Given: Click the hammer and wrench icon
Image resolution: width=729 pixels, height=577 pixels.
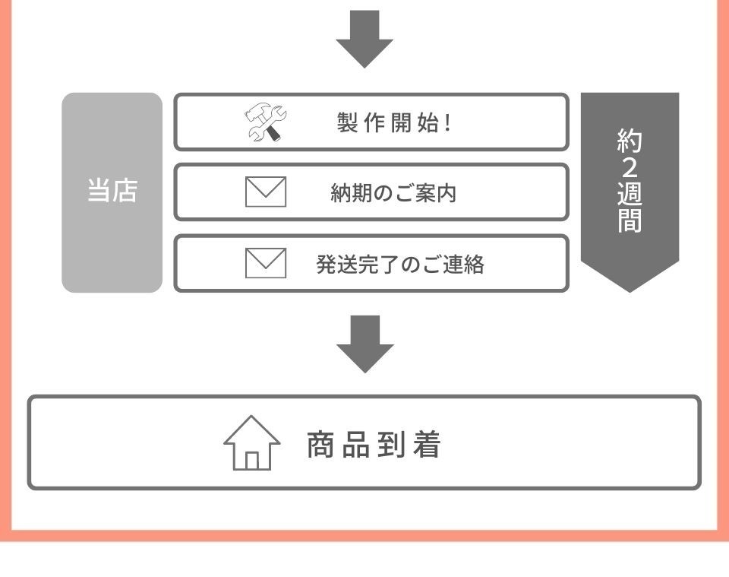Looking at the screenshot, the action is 265,122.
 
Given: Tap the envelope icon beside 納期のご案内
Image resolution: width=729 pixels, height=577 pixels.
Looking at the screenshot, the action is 266,192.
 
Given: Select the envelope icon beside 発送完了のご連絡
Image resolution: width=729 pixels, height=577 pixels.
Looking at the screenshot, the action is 266,263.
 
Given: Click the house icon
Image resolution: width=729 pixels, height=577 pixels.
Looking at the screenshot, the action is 251,442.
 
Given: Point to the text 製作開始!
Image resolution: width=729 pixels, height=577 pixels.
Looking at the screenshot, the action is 394,123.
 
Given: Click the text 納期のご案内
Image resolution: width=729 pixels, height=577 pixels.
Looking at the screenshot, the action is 393,192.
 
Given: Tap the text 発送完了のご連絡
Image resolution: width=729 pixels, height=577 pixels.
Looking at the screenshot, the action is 400,265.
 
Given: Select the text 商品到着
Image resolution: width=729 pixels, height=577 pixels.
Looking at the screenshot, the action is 374,445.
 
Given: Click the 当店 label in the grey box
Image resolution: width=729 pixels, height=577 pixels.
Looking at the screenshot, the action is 112,190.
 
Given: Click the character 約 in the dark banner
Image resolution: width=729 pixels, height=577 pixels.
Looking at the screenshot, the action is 630,141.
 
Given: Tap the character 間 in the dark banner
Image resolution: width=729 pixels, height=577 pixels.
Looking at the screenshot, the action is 630,220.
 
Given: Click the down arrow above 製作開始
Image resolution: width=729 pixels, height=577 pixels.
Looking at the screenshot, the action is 364,39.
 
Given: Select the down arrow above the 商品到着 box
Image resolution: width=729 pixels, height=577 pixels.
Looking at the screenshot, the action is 365,344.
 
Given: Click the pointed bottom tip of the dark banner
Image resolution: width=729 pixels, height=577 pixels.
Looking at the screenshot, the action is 630,292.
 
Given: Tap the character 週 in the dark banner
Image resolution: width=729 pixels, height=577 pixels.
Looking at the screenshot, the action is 630,194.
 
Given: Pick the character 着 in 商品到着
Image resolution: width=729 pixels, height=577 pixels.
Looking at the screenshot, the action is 426,445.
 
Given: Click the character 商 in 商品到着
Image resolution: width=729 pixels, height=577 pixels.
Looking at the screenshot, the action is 320,445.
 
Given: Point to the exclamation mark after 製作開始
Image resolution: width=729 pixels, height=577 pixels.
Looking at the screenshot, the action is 448,123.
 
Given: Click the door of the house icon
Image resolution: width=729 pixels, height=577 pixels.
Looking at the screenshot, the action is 251,461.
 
